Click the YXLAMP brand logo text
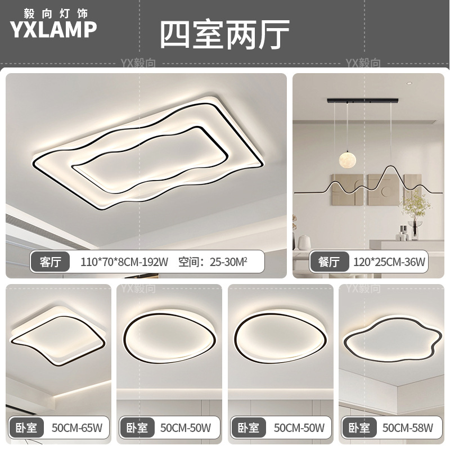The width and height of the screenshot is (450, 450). tap(53, 29)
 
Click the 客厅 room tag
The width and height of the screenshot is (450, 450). tap(51, 261)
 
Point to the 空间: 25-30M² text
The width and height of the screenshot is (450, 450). tap(213, 261)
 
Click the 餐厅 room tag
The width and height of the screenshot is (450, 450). tap(329, 261)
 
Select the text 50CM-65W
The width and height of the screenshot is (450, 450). tap(76, 428)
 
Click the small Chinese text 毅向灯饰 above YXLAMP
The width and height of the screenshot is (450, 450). tap(53, 11)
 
